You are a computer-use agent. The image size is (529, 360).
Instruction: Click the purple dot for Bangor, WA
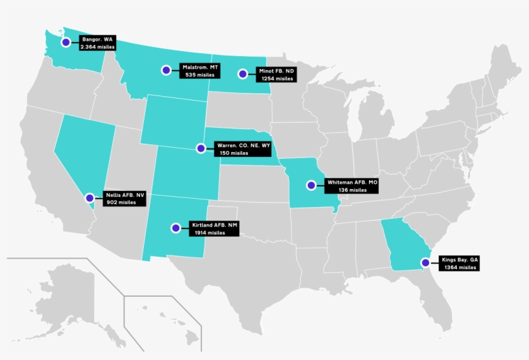(65, 43)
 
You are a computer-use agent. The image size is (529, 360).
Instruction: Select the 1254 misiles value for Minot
(276, 78)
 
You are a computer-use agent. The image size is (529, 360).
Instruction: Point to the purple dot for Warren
(201, 148)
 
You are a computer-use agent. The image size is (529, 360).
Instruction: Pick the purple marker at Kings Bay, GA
(425, 263)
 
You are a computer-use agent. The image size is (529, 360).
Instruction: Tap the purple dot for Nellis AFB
(89, 197)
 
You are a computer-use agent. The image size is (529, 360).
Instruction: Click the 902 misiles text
(121, 202)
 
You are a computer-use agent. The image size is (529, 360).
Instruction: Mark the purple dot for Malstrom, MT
(166, 70)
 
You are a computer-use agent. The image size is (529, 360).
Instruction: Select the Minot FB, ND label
(276, 71)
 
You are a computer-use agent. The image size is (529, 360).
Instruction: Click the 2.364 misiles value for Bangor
(97, 47)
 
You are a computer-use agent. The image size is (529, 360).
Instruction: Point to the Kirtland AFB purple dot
(175, 228)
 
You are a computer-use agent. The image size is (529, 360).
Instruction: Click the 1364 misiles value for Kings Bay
(458, 267)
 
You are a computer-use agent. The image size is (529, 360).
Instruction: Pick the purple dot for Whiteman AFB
(311, 185)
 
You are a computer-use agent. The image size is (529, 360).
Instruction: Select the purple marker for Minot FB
(243, 74)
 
